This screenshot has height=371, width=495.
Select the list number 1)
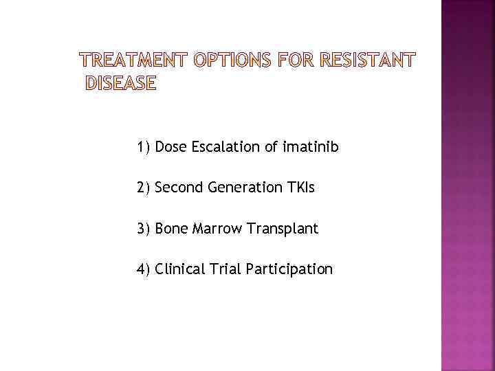pyautogui.click(x=144, y=147)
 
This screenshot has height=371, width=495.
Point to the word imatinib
pyautogui.click(x=309, y=147)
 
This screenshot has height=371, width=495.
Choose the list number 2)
pyautogui.click(x=144, y=188)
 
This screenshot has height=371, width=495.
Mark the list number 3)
pyautogui.click(x=144, y=229)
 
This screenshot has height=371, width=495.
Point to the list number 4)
pyautogui.click(x=144, y=269)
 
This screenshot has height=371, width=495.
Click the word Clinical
pyautogui.click(x=180, y=269)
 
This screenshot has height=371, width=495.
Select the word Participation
pyautogui.click(x=289, y=269)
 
